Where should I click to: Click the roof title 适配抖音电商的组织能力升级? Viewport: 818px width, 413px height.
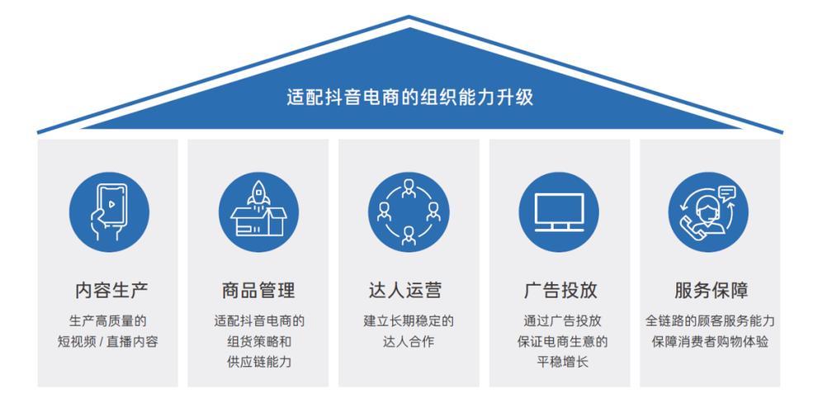point(409,97)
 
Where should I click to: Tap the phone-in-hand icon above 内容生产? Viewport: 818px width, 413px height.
point(108,211)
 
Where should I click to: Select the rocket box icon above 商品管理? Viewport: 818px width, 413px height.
point(258,211)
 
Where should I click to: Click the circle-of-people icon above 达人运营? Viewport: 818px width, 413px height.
point(409,211)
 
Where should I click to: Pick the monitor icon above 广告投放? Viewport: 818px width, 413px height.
point(559,211)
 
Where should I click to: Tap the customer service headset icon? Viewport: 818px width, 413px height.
point(708,211)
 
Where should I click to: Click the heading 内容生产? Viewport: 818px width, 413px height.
point(108,291)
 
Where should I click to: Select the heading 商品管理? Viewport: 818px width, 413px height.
point(258,291)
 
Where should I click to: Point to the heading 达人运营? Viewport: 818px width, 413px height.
point(409,291)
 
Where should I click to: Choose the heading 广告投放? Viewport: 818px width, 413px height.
point(559,291)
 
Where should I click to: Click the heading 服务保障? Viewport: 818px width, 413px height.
point(709,291)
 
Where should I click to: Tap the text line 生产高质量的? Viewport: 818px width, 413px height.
point(108,320)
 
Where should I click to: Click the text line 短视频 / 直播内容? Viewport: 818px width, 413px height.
point(108,341)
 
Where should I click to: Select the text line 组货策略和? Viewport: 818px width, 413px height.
point(258,341)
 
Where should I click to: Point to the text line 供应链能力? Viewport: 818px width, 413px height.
point(258,362)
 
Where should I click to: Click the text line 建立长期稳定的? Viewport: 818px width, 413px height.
point(409,320)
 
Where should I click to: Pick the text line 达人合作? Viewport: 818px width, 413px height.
point(409,341)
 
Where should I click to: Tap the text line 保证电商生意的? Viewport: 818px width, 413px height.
point(559,341)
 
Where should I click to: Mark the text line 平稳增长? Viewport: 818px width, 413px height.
point(559,362)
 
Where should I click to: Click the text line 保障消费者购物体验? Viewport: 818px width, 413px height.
point(709,341)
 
